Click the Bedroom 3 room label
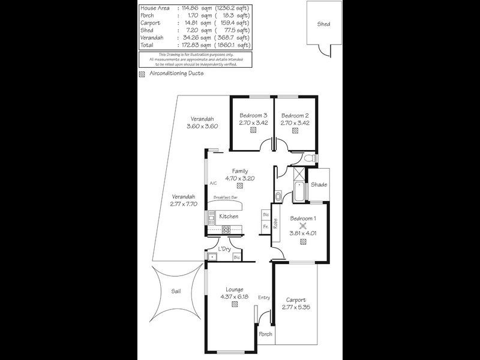[253, 115]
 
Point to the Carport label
[295, 300]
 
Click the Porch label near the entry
[265, 334]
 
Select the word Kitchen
[229, 217]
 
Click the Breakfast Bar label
[226, 197]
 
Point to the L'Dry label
[224, 248]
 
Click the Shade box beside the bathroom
[319, 185]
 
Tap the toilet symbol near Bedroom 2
[308, 158]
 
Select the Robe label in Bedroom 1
[275, 223]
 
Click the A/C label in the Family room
[212, 184]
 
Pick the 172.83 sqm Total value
[193, 45]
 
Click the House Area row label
[154, 7]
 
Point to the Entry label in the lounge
[265, 298]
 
